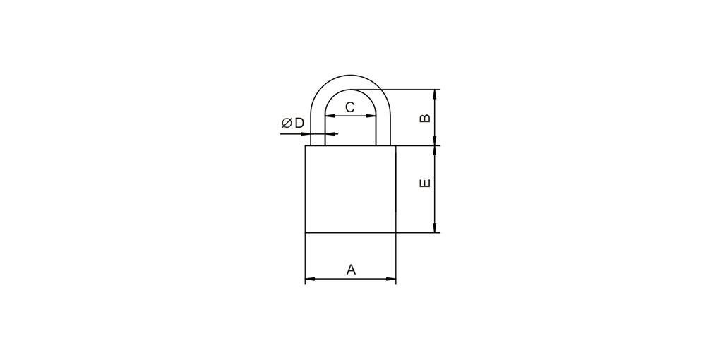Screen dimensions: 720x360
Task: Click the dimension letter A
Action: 351,270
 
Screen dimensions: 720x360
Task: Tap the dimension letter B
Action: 425,118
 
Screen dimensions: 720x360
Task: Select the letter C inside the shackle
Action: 350,107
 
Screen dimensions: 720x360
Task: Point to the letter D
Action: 299,123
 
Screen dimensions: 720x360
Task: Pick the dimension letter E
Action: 425,183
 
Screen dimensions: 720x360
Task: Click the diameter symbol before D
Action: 287,123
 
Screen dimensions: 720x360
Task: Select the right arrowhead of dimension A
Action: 390,279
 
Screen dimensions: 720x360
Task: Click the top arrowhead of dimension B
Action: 434,95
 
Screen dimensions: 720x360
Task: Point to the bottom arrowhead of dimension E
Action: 434,227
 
